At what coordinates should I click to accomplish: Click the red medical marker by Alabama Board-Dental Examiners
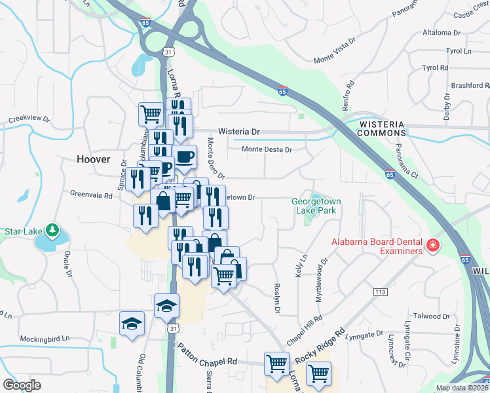coord(432,246)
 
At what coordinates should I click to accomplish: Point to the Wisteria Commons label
coord(382,127)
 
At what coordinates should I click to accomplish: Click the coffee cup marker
coord(184,157)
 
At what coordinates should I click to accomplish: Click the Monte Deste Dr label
coord(267,150)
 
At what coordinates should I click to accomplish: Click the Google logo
coord(22,384)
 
